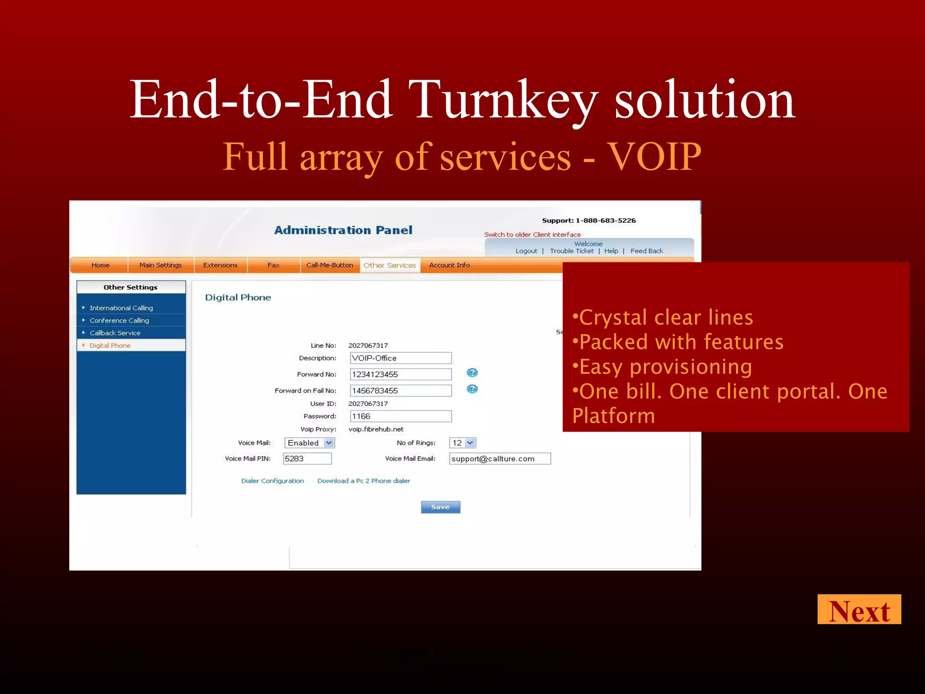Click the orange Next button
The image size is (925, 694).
pyautogui.click(x=859, y=610)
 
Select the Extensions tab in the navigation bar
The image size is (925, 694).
pyautogui.click(x=220, y=265)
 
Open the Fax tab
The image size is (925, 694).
pyautogui.click(x=273, y=265)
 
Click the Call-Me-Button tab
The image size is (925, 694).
pyautogui.click(x=329, y=265)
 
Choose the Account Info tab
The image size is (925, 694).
pyautogui.click(x=449, y=265)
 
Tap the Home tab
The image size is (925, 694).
pyautogui.click(x=100, y=265)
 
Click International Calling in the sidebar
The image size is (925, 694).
pyautogui.click(x=121, y=308)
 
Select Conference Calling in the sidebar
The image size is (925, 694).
pyautogui.click(x=119, y=320)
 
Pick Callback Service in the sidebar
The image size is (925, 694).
pyautogui.click(x=115, y=333)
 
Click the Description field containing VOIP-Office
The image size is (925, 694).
pyautogui.click(x=401, y=358)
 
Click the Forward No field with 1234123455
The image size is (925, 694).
pyautogui.click(x=401, y=375)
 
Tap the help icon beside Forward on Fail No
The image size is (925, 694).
pyautogui.click(x=472, y=389)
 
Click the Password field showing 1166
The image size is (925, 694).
pyautogui.click(x=401, y=416)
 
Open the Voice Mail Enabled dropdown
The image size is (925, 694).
pyautogui.click(x=309, y=443)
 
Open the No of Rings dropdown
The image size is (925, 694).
pyautogui.click(x=462, y=443)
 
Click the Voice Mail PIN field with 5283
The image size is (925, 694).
pyautogui.click(x=307, y=459)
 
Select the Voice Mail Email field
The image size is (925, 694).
pyautogui.click(x=500, y=459)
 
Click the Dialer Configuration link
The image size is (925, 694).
pyautogui.click(x=272, y=481)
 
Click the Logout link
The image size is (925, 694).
pyautogui.click(x=526, y=251)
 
